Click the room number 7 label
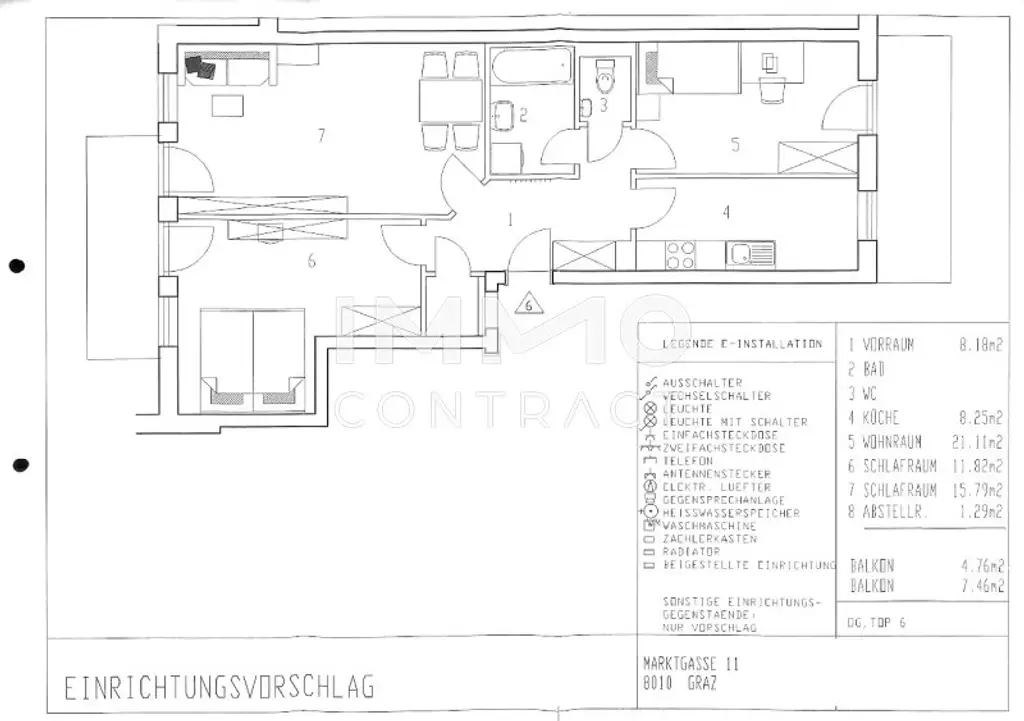coord(321,136)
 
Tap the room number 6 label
coord(312,262)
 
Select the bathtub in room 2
coord(531,68)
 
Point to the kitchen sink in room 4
coord(751,254)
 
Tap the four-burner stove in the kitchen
coord(681,255)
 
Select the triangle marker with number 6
coord(529,304)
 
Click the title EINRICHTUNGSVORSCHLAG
coord(219,688)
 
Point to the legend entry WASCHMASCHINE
coord(709,526)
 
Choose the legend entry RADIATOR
coord(690,552)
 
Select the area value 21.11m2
coord(979,441)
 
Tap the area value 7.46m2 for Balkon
coord(980,586)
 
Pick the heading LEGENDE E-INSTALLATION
coord(741,344)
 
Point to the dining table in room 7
coord(450,100)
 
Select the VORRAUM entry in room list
coord(887,345)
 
